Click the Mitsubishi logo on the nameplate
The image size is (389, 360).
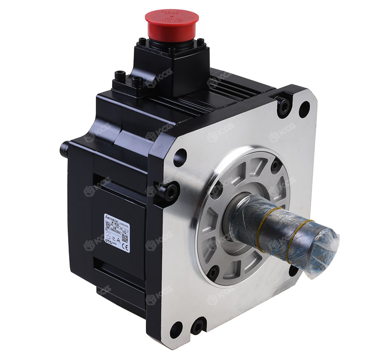click(106, 217)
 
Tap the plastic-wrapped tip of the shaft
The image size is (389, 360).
click(323, 248)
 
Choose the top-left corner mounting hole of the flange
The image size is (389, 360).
click(180, 157)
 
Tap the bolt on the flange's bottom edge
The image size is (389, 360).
click(198, 326)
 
